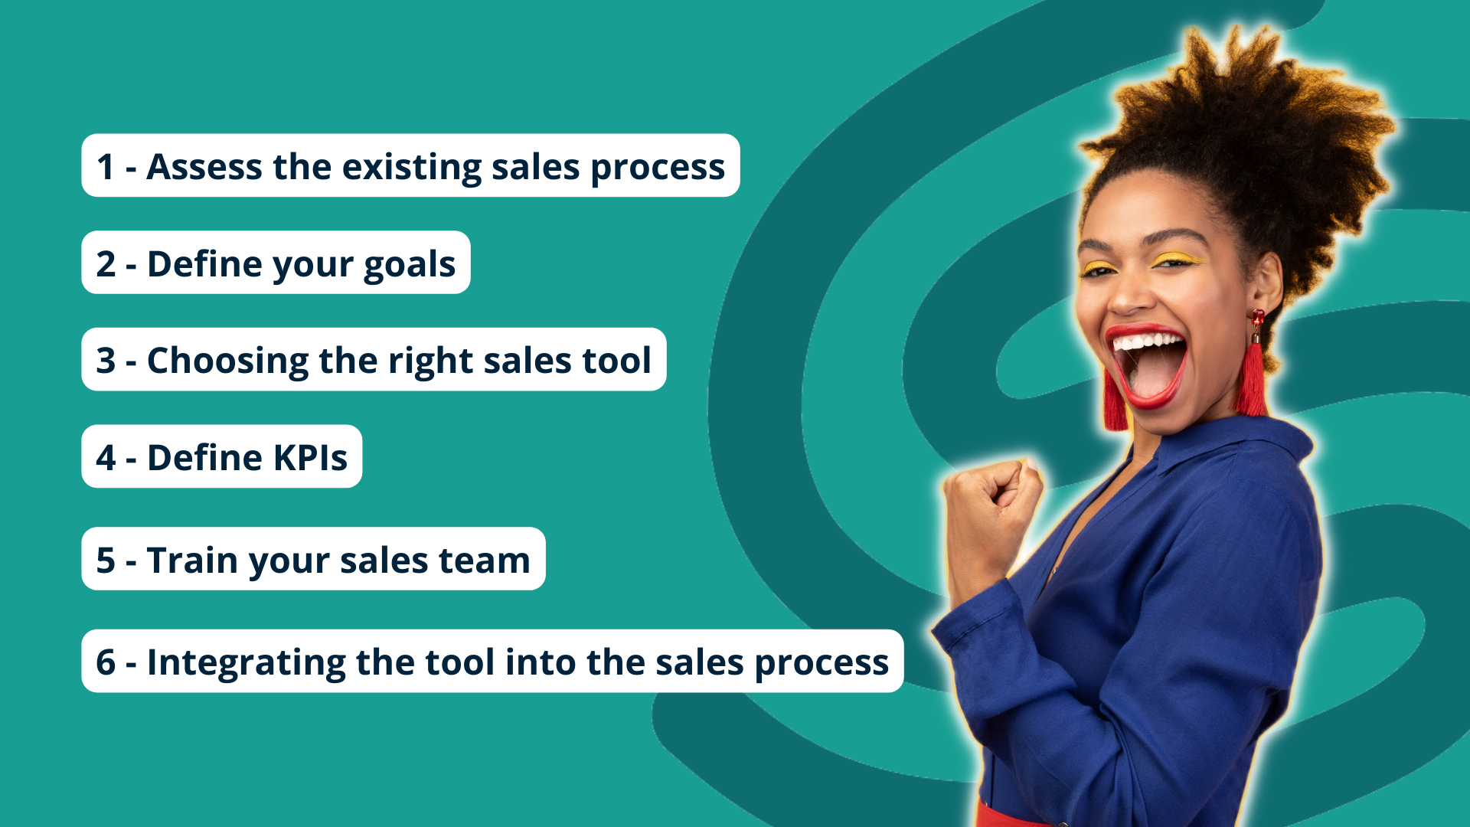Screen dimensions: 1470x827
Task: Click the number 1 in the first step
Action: [106, 167]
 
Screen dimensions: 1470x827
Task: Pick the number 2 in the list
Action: [106, 264]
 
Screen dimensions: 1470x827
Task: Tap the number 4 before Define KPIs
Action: [106, 458]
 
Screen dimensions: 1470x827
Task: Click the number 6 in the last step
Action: [106, 662]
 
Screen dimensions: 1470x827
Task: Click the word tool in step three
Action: [616, 361]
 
